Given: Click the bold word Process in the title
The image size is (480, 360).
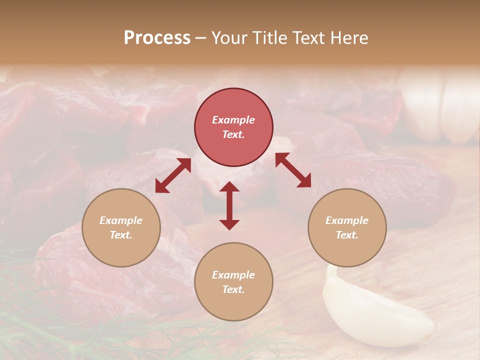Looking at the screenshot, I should (x=157, y=38).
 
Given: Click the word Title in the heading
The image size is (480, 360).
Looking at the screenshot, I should (x=269, y=38).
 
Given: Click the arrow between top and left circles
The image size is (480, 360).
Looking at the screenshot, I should (x=173, y=175).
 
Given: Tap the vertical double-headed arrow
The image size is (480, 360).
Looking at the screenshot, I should (x=229, y=205).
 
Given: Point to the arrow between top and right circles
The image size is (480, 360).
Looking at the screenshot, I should (x=293, y=170).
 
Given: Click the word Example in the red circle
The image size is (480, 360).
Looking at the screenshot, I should (x=233, y=120).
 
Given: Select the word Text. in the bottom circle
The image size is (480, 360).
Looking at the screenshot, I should (x=233, y=289).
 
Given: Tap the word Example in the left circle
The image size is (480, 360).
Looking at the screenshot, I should (x=121, y=220).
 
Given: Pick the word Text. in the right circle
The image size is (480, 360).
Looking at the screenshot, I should (x=347, y=235).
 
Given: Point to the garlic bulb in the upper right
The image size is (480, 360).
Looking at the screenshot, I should (x=440, y=105).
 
